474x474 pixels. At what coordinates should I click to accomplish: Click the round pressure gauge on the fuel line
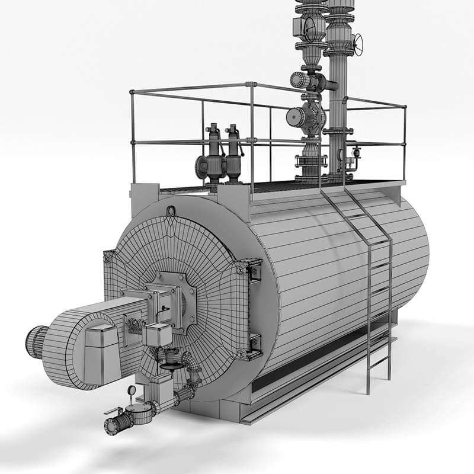[x=131, y=390]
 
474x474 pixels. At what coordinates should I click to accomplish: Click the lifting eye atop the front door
[x=172, y=210]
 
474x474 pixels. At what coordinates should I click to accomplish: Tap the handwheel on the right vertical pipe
[x=357, y=43]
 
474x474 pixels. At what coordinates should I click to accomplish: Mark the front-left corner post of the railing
[x=132, y=136]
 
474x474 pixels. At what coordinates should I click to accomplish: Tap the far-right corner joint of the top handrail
[x=405, y=107]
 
